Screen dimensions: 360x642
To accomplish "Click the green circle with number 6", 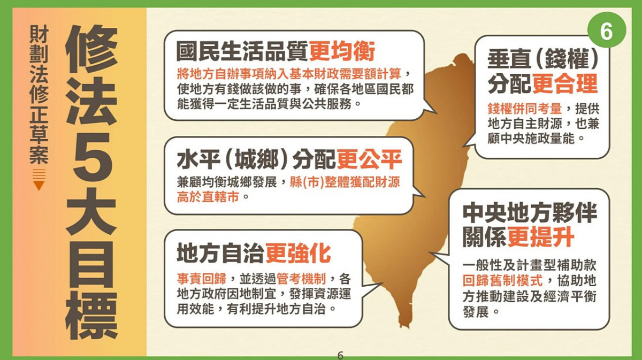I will point(606,32).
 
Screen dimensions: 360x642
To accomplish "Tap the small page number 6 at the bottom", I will point(340,355).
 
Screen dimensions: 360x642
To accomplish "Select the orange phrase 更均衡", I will point(341,52).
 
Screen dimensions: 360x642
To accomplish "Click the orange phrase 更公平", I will point(369,159).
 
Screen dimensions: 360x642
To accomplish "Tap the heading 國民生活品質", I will point(242,52).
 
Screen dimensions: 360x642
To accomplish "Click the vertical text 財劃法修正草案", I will point(39,94).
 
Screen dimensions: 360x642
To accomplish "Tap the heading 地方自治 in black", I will point(221,253).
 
